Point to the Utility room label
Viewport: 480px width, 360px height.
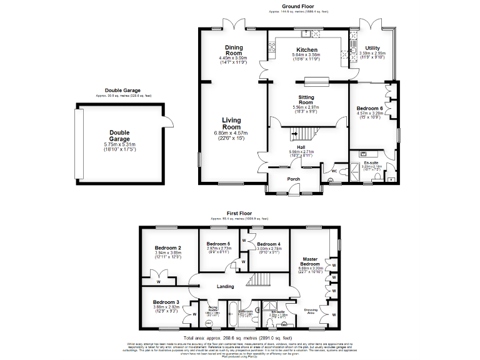[x=373, y=47]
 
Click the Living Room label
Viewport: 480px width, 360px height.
[x=231, y=123]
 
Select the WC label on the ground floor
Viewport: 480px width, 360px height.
[x=335, y=171]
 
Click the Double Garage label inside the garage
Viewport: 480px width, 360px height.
[x=119, y=136]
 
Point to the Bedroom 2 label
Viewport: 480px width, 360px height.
[x=167, y=247]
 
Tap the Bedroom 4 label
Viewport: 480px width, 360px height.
[x=269, y=244]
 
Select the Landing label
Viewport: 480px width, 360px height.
[x=225, y=287]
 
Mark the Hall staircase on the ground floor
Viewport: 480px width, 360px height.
[x=305, y=132]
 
